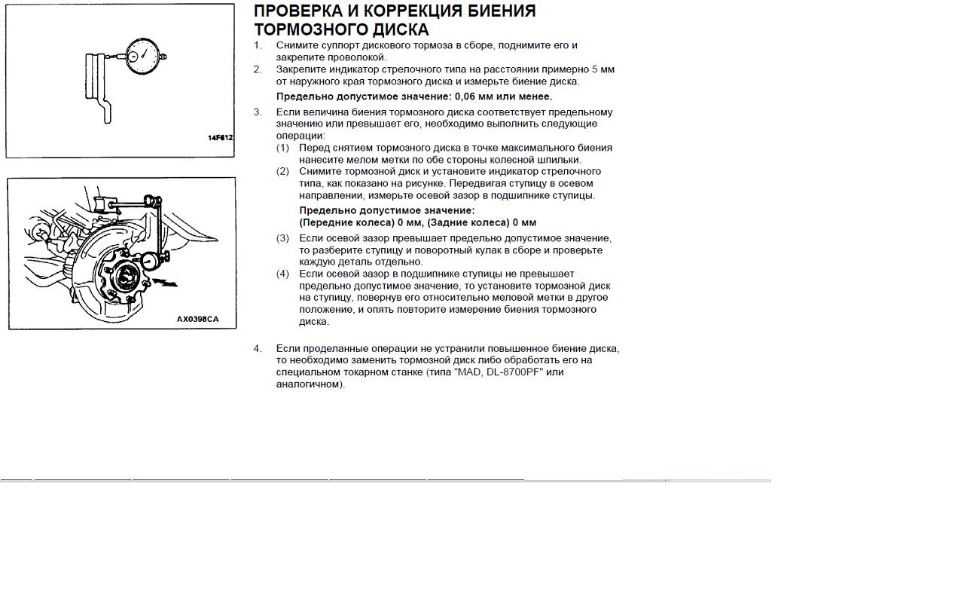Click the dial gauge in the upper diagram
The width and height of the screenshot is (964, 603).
[143, 56]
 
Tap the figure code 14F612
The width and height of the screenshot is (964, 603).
[220, 138]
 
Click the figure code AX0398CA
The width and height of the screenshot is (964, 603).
[197, 319]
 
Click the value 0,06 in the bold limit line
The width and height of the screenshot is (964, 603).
[467, 96]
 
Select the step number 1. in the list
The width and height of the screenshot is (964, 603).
[258, 45]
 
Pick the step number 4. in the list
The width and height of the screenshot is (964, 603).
[258, 348]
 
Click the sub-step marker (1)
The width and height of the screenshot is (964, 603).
[282, 148]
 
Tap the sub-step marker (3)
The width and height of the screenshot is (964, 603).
[282, 238]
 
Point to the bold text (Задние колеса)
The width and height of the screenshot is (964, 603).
[468, 223]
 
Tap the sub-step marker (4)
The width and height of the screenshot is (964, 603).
[282, 274]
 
